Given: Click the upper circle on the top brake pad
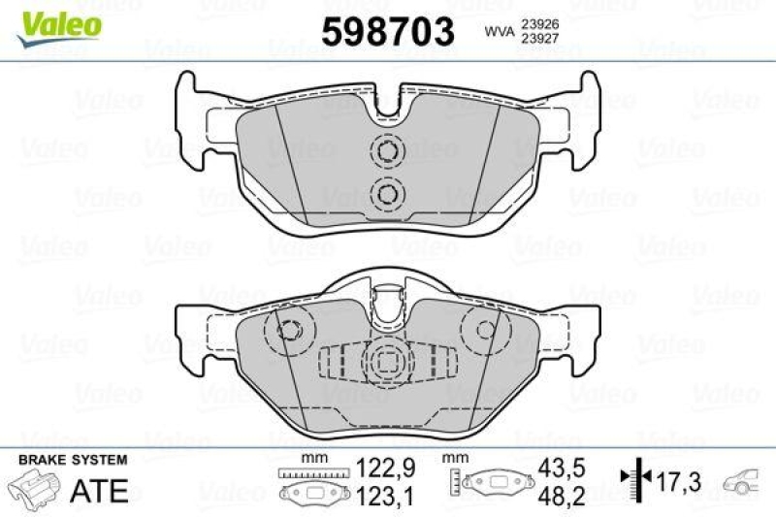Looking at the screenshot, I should (x=388, y=152).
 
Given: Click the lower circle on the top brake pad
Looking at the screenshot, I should (x=388, y=193).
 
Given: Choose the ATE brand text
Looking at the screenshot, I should (x=102, y=490).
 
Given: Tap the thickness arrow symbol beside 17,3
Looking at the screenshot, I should (x=632, y=478).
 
